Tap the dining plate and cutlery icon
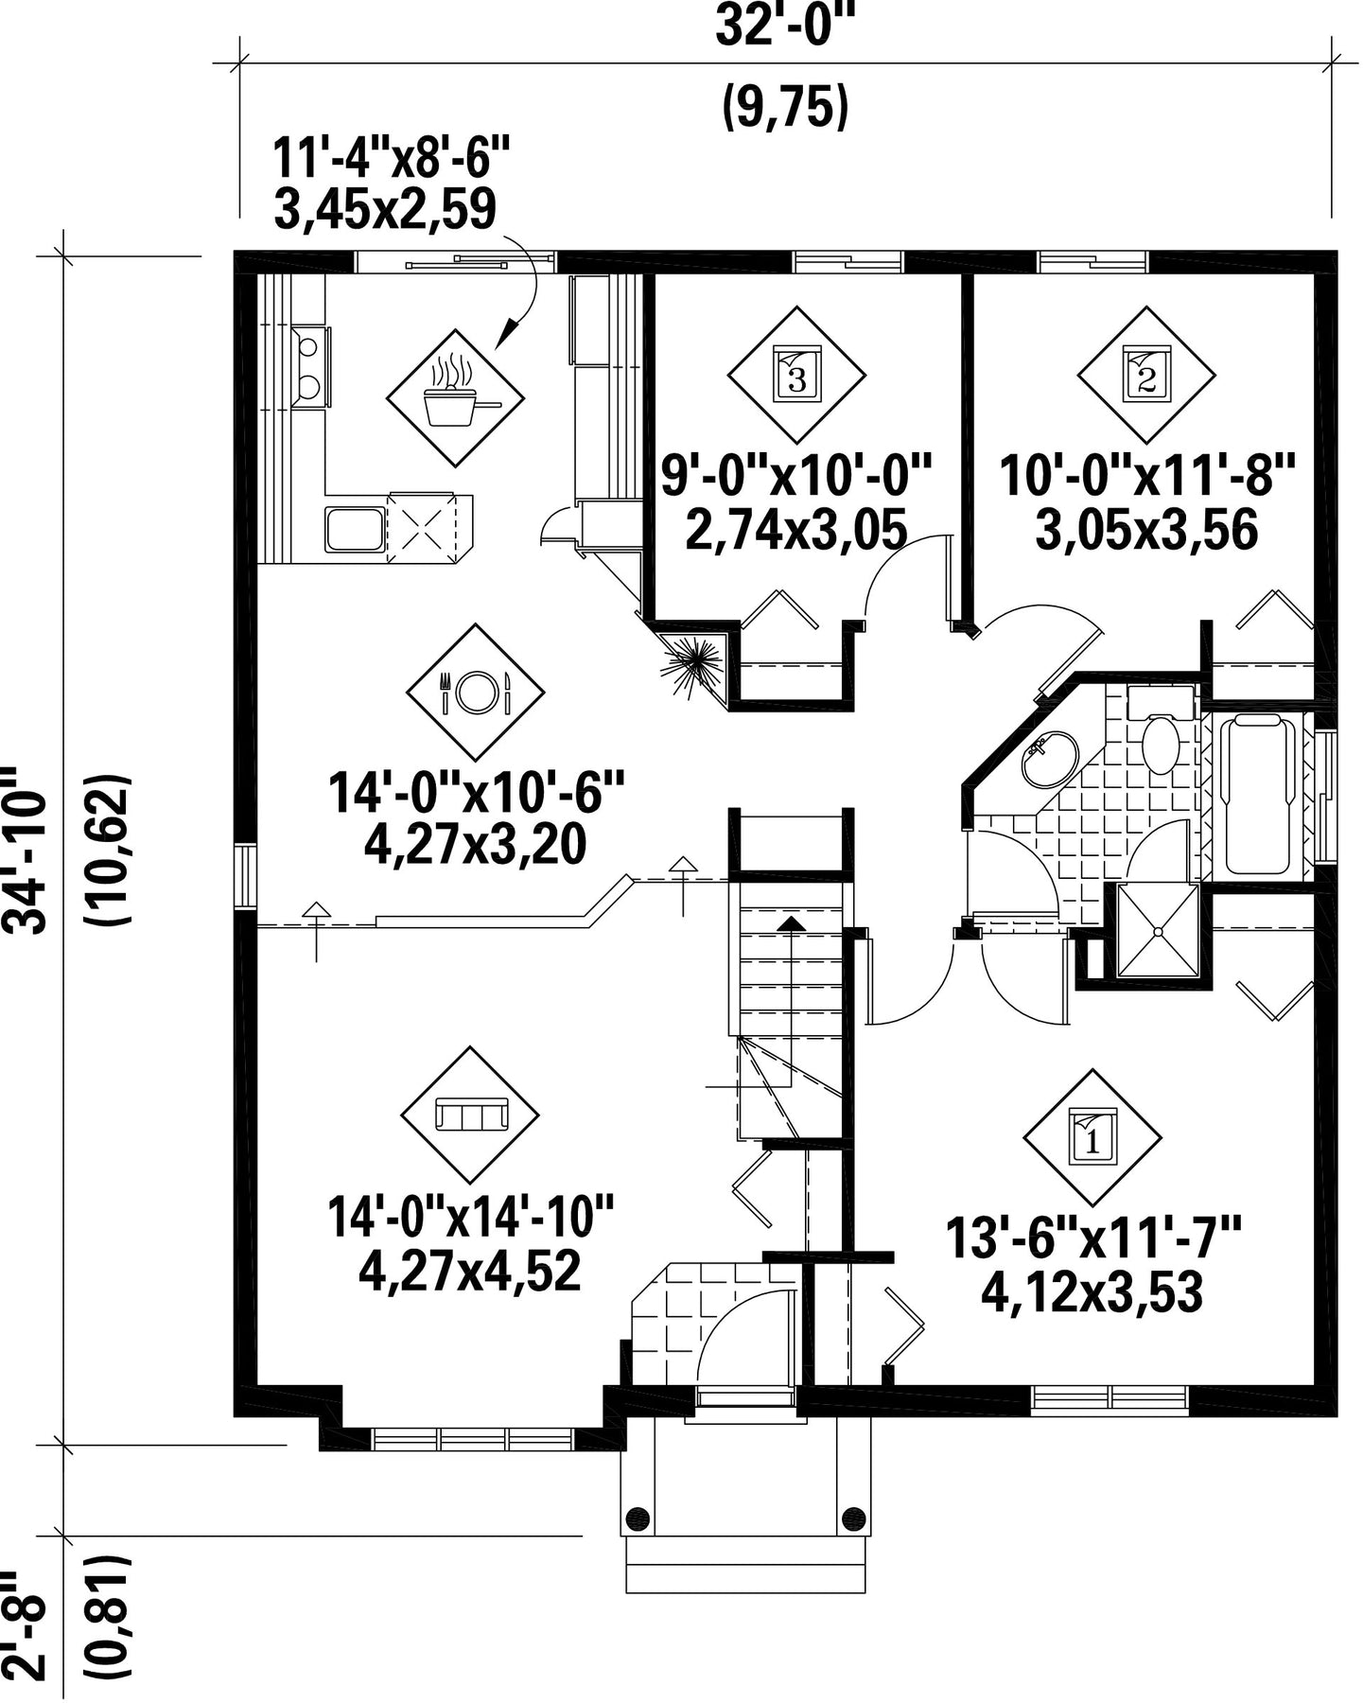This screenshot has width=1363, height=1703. coord(476,692)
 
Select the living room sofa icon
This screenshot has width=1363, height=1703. coord(471,1114)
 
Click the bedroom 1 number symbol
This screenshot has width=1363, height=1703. coord(1093,1136)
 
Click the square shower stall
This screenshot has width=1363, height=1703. coord(1158,931)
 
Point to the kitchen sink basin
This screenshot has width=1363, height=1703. coord(355,529)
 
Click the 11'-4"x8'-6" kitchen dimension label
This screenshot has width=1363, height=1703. coord(392,158)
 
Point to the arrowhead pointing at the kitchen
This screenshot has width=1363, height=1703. coord(509,331)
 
